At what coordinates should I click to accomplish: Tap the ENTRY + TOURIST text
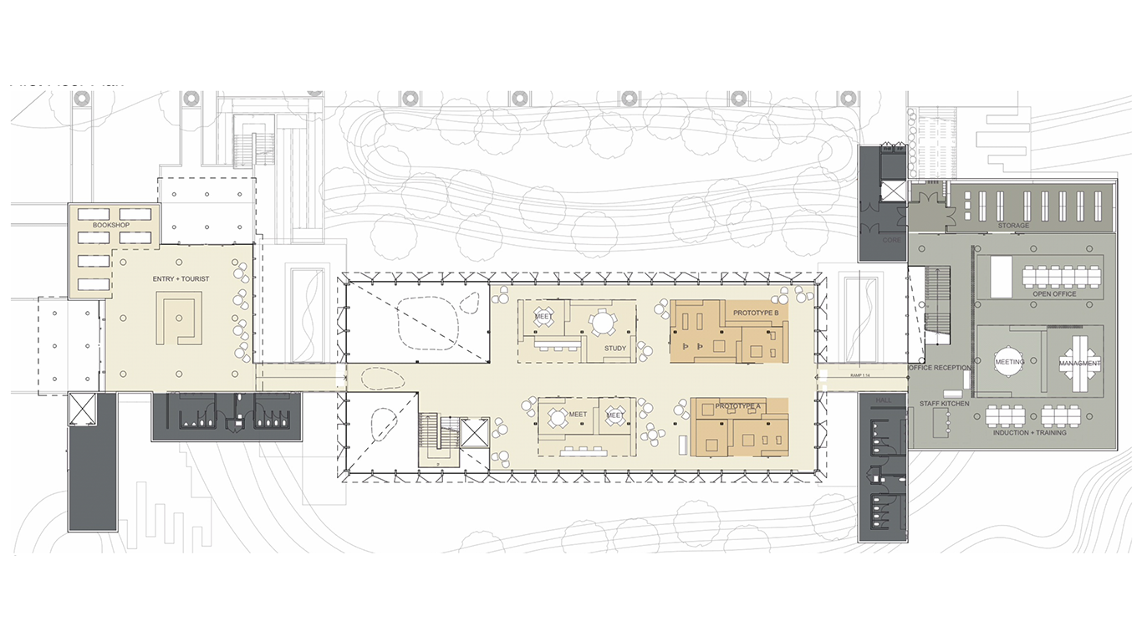tap(181, 278)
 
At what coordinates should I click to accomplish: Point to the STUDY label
tap(614, 348)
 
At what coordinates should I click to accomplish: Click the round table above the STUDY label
tap(602, 323)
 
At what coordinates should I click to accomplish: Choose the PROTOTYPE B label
tap(756, 313)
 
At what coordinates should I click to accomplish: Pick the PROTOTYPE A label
tap(738, 406)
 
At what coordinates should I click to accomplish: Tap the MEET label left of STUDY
tap(543, 317)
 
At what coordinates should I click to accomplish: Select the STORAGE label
tap(1013, 226)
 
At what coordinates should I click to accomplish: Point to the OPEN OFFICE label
tap(1054, 294)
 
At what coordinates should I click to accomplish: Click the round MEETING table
tap(1010, 363)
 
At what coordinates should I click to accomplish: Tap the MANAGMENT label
tap(1080, 364)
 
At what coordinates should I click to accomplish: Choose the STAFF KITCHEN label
tap(945, 404)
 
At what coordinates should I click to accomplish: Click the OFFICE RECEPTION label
tap(941, 368)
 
